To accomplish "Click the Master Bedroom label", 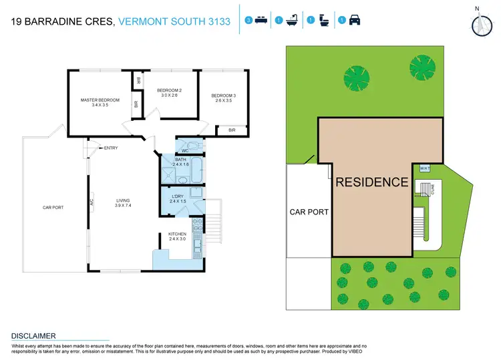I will click(x=100, y=100).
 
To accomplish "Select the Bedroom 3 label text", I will click(x=221, y=96).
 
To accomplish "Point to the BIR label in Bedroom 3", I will click(x=231, y=130).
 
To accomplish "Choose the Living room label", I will click(x=122, y=200).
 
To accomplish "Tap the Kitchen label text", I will click(x=177, y=234).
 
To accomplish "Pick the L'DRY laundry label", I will click(x=176, y=196).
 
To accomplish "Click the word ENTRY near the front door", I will click(x=110, y=148).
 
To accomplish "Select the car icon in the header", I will click(x=355, y=21).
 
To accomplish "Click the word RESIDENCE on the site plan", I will click(x=371, y=182).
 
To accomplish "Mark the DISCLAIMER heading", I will click(x=33, y=335).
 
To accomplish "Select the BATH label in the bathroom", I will click(x=180, y=160).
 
